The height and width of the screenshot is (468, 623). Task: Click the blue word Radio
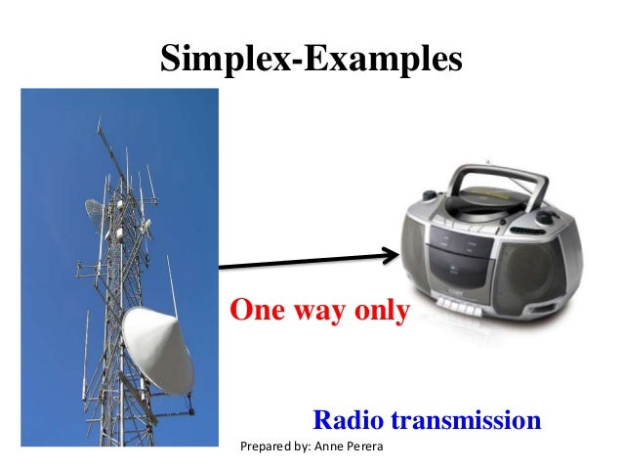(x=347, y=420)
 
